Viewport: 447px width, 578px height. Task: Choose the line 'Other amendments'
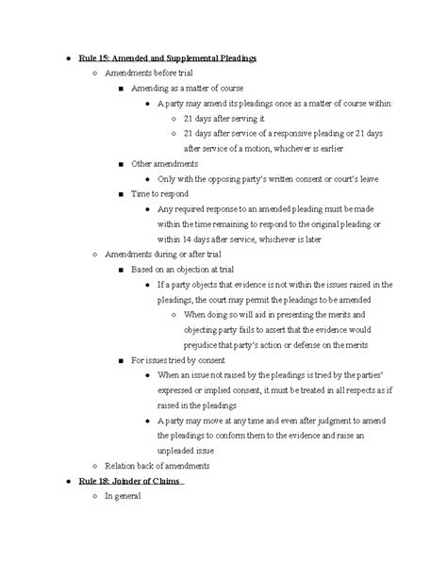tap(164, 163)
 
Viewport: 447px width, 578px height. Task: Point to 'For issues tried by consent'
tap(185, 359)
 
